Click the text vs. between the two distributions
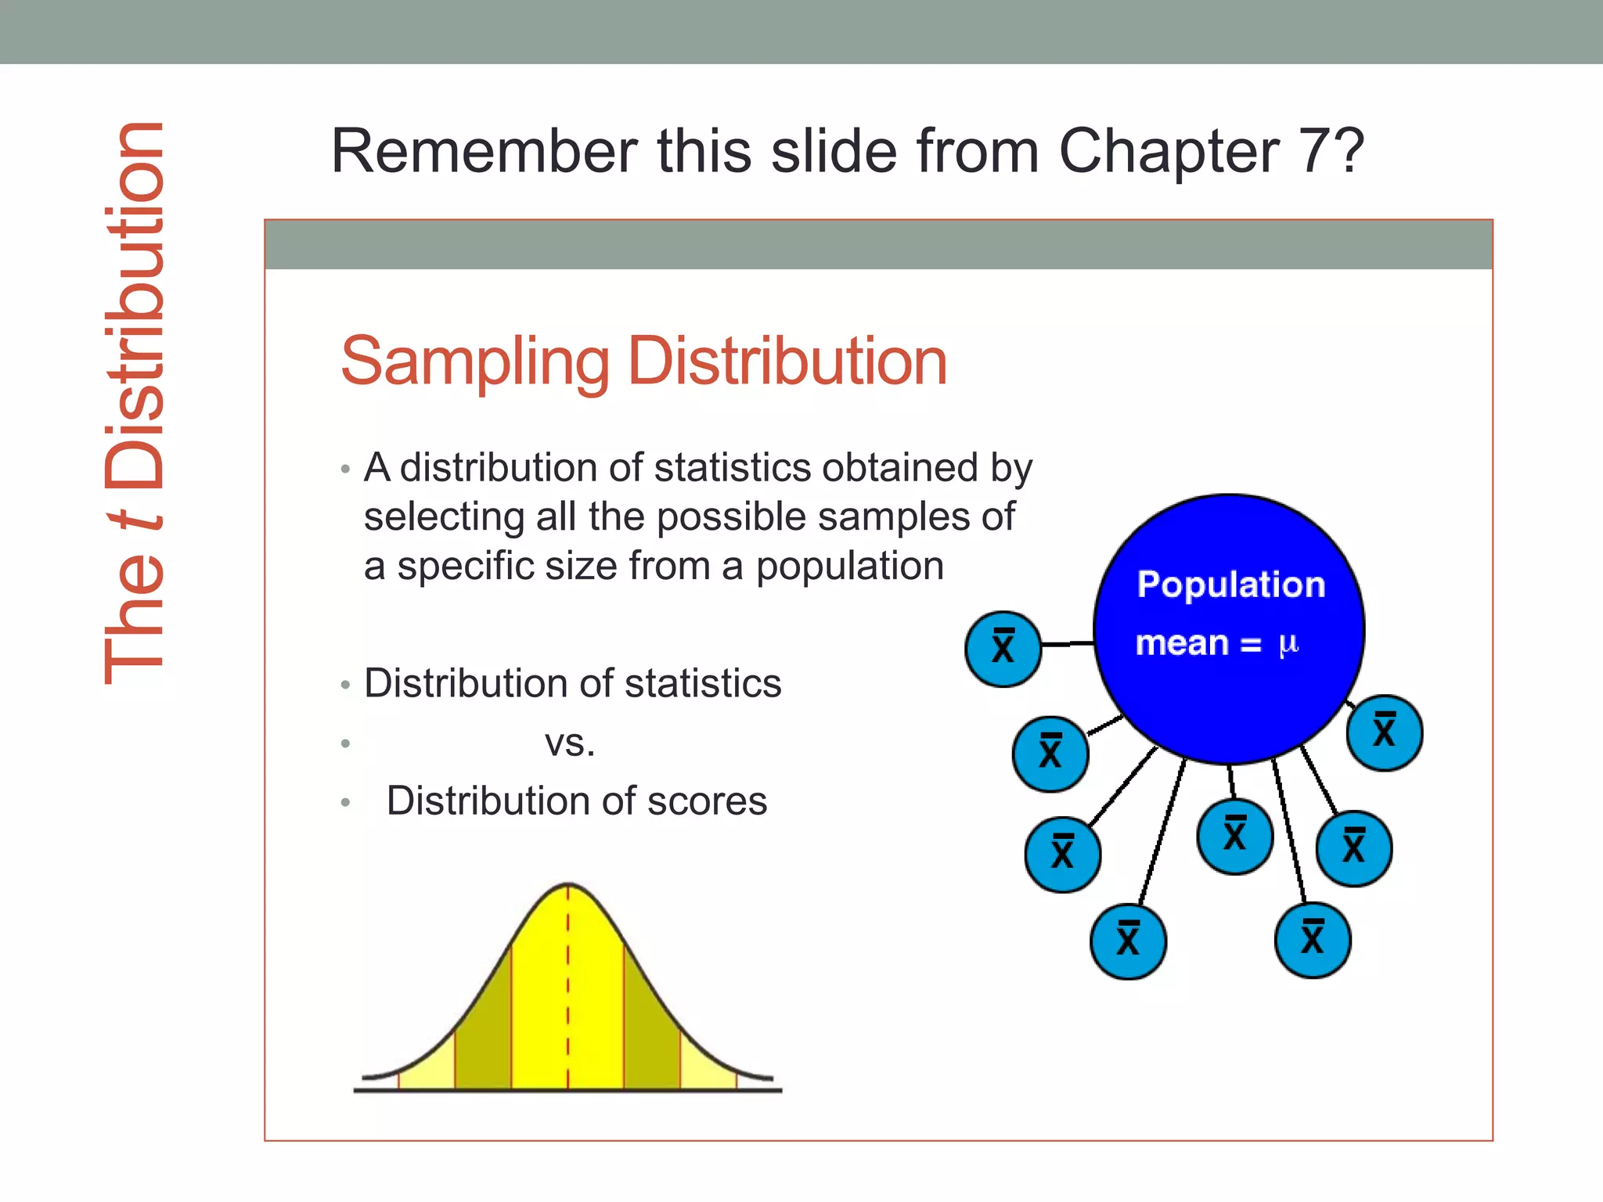[x=570, y=743]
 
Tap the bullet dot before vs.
[x=345, y=743]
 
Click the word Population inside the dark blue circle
[x=1230, y=585]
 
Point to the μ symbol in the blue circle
[x=1288, y=644]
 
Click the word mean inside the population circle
[x=1182, y=643]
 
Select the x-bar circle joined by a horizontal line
[x=1003, y=649]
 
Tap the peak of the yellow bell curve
[x=568, y=887]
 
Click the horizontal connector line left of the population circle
[x=1068, y=644]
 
